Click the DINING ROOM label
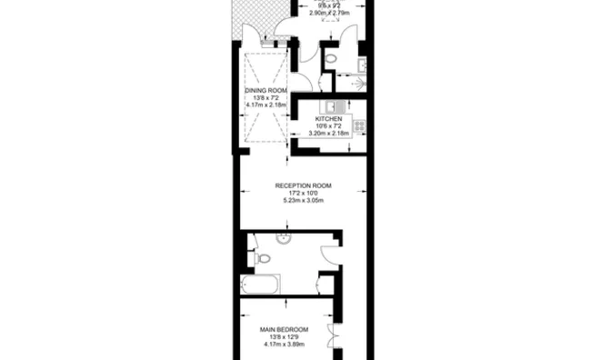pyautogui.click(x=265, y=91)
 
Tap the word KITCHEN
pyautogui.click(x=328, y=119)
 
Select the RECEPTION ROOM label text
pyautogui.click(x=303, y=185)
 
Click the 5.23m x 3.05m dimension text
pyautogui.click(x=303, y=202)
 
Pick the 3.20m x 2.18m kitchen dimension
pyautogui.click(x=328, y=135)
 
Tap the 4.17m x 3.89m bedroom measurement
pyautogui.click(x=282, y=345)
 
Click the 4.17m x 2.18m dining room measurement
pyautogui.click(x=265, y=105)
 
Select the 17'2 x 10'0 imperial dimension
pyautogui.click(x=303, y=194)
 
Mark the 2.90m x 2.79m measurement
pyautogui.click(x=330, y=14)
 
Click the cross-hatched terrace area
pyautogui.click(x=249, y=15)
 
